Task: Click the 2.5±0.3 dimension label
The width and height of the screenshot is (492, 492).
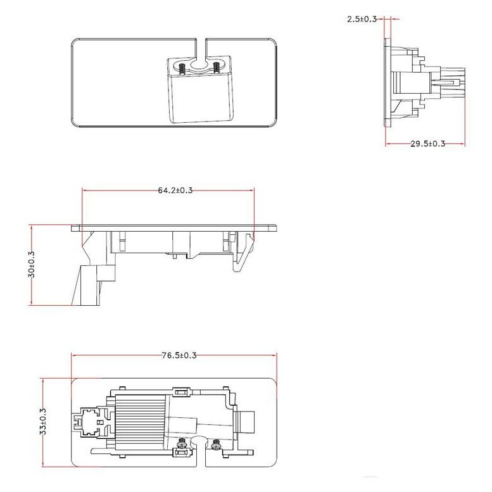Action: pyautogui.click(x=362, y=19)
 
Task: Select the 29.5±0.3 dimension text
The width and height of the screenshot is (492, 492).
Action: pyautogui.click(x=427, y=144)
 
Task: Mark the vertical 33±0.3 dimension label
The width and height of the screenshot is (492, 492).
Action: pyautogui.click(x=43, y=420)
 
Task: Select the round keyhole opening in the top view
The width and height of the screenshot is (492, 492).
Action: pyautogui.click(x=199, y=64)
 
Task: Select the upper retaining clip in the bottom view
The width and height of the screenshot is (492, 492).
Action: pyautogui.click(x=180, y=390)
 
